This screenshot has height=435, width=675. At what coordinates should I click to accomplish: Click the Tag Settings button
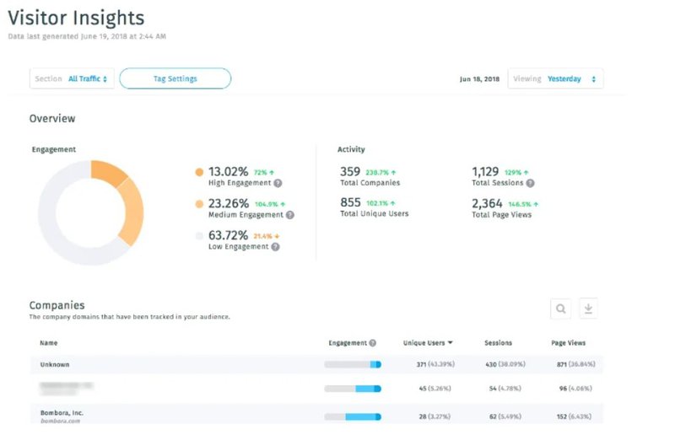click(175, 78)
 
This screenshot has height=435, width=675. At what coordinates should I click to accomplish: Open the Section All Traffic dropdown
click(72, 78)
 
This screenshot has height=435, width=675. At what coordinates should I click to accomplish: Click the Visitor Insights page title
click(76, 18)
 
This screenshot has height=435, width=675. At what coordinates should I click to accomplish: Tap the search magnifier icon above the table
click(560, 309)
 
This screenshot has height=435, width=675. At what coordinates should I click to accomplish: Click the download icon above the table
click(588, 309)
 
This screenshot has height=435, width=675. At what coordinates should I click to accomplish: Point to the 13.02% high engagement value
click(228, 171)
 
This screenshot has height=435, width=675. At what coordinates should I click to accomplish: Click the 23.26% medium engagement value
click(228, 203)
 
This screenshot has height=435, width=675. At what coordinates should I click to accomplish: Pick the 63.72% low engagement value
click(228, 234)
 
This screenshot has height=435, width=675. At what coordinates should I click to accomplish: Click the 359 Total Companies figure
click(350, 171)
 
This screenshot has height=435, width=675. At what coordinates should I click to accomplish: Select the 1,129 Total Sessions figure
click(485, 171)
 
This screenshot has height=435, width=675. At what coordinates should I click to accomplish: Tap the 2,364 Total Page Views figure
click(487, 203)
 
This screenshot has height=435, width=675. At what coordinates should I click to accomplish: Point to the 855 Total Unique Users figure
click(350, 203)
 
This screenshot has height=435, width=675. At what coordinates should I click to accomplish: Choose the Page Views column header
click(568, 343)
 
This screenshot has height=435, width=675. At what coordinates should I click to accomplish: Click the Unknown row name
click(54, 364)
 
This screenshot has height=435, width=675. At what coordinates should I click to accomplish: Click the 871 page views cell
click(563, 364)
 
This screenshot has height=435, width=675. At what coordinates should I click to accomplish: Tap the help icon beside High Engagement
click(278, 183)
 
